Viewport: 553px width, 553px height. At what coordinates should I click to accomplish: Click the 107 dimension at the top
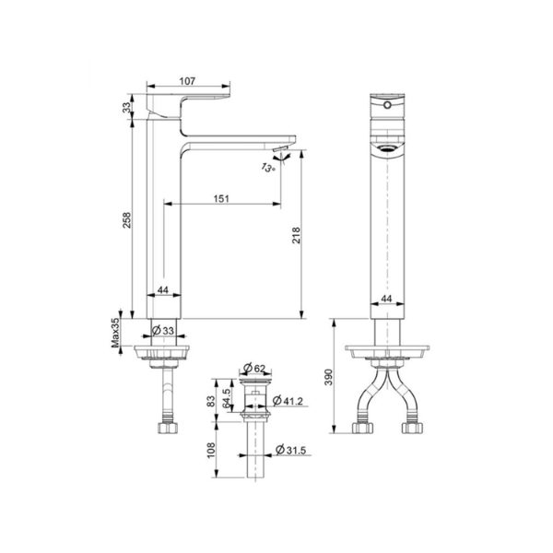click(188, 81)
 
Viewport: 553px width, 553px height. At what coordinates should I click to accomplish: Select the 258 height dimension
click(128, 221)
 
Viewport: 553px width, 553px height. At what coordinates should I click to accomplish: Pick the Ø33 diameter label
click(167, 330)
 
